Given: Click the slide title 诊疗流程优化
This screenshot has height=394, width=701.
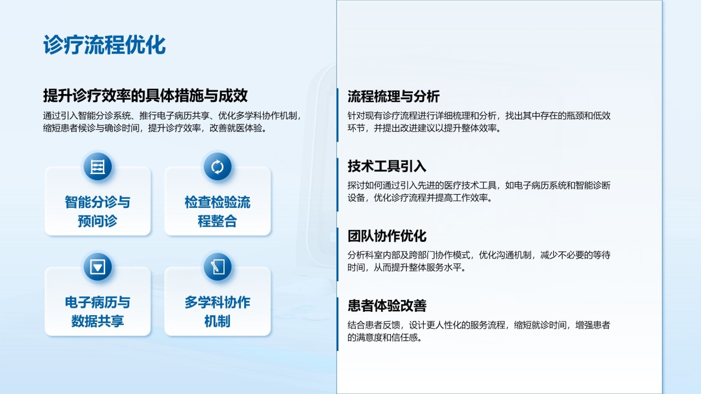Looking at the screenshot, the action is pyautogui.click(x=104, y=45).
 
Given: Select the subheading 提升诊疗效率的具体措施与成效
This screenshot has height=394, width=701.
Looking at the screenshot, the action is pyautogui.click(x=145, y=96).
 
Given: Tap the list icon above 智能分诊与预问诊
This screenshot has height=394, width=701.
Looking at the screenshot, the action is pyautogui.click(x=97, y=167).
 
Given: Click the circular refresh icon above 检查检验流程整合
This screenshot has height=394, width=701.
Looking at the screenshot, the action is pyautogui.click(x=217, y=167).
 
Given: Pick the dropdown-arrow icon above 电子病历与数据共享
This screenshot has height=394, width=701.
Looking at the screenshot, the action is pyautogui.click(x=97, y=267).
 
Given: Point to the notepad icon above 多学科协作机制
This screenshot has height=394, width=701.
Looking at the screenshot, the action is pyautogui.click(x=217, y=267).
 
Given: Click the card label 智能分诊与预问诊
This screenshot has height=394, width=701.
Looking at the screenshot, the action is pyautogui.click(x=97, y=211).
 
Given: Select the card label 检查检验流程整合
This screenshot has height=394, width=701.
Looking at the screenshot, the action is pyautogui.click(x=217, y=211).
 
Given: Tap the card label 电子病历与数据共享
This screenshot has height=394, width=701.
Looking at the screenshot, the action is pyautogui.click(x=97, y=312).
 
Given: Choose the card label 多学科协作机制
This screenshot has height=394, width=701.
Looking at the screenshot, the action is pyautogui.click(x=217, y=312).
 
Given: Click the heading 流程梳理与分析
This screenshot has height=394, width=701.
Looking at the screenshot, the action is pyautogui.click(x=393, y=96).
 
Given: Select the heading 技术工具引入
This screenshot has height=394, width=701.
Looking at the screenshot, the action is pyautogui.click(x=387, y=166).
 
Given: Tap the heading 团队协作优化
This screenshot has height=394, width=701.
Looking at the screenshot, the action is pyautogui.click(x=387, y=236).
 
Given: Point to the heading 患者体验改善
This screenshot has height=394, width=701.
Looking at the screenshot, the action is pyautogui.click(x=387, y=305).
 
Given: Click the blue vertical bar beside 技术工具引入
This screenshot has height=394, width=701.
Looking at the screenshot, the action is pyautogui.click(x=337, y=185).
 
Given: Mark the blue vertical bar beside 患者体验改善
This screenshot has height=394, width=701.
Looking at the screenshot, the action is pyautogui.click(x=337, y=325).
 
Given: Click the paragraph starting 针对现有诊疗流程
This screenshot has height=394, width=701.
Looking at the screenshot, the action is pyautogui.click(x=479, y=122).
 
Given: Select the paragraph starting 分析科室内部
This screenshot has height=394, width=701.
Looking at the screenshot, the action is pyautogui.click(x=479, y=262).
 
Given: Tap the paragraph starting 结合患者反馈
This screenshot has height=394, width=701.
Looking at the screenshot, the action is pyautogui.click(x=479, y=332).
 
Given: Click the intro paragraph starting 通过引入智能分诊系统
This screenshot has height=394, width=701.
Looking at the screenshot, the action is pyautogui.click(x=173, y=122).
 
